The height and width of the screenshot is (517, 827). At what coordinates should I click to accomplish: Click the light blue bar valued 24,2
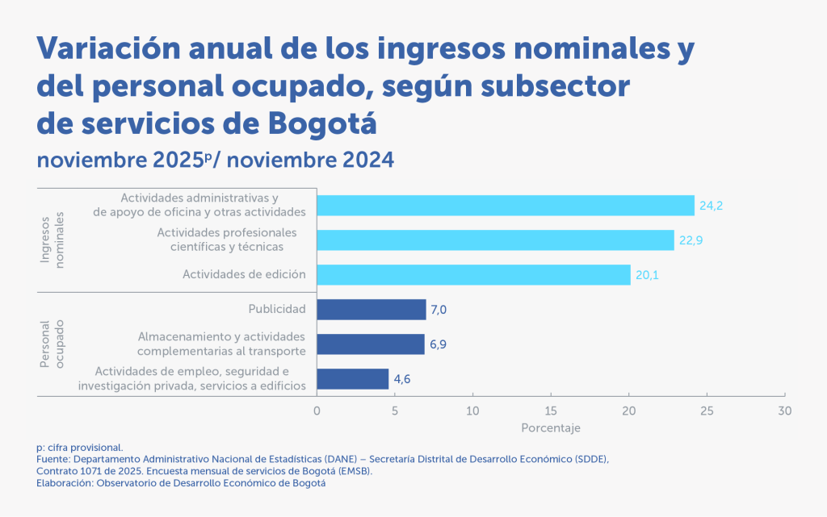click(506, 206)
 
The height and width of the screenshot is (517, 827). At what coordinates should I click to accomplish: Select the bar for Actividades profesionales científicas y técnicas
click(495, 240)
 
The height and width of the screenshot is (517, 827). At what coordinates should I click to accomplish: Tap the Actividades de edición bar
click(473, 275)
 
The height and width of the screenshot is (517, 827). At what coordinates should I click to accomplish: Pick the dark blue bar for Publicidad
click(372, 310)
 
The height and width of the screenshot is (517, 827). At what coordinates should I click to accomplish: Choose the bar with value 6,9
click(371, 344)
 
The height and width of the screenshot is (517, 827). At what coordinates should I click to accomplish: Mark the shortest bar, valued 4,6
click(353, 379)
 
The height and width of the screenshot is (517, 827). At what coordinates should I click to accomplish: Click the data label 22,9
click(691, 240)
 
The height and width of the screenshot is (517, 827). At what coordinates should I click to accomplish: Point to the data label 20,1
click(647, 275)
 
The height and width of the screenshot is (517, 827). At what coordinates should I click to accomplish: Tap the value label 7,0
click(439, 310)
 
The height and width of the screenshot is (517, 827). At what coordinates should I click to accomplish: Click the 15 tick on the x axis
click(551, 411)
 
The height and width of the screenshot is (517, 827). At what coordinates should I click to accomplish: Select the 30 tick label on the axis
click(785, 411)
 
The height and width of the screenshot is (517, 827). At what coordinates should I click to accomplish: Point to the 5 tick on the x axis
click(394, 411)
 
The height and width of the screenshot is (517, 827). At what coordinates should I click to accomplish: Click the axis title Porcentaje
click(551, 428)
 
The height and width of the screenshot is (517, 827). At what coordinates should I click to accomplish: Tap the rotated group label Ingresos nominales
click(52, 240)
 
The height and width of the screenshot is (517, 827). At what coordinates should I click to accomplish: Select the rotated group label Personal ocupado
click(52, 344)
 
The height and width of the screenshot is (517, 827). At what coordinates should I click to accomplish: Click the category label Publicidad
click(277, 309)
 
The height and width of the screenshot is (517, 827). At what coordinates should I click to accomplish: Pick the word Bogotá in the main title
click(322, 123)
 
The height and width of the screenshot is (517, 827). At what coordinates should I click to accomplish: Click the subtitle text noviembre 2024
click(311, 160)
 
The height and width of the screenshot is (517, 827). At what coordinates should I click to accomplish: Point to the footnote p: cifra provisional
click(80, 448)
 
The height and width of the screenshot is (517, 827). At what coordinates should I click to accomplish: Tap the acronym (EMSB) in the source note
click(355, 471)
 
